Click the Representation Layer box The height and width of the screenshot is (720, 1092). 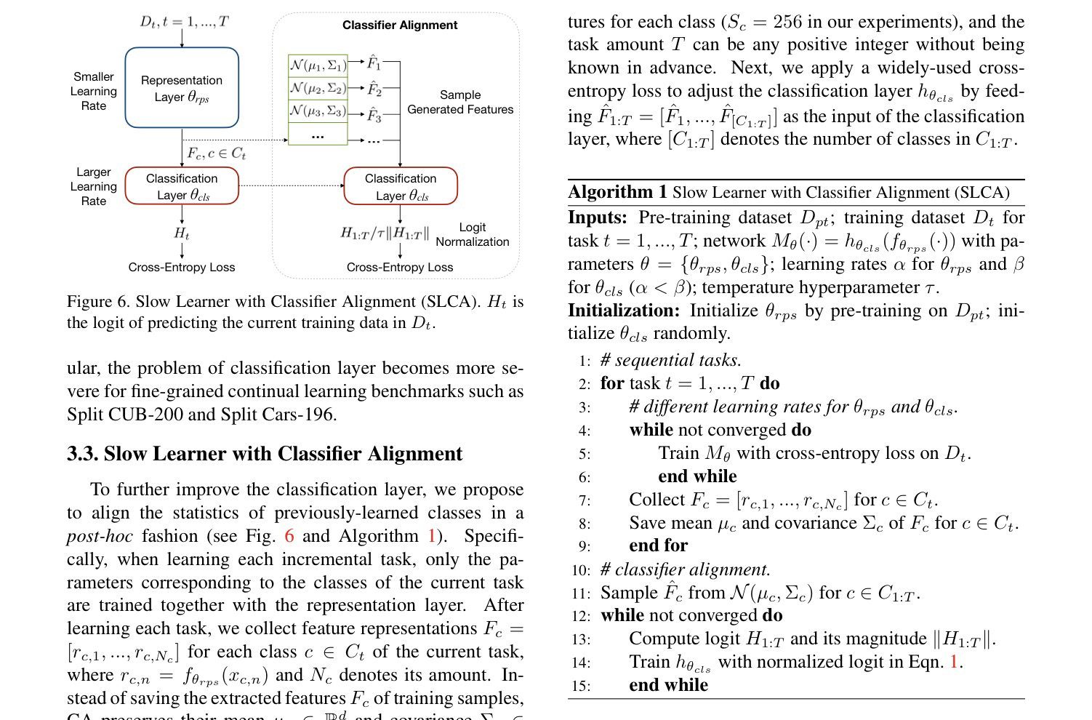click(182, 88)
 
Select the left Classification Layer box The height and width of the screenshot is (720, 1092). click(182, 186)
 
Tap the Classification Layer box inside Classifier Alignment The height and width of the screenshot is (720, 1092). click(401, 186)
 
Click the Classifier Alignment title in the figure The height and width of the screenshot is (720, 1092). click(400, 25)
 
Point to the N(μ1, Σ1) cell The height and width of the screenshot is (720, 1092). click(318, 65)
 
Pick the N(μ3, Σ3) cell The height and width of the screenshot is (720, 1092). click(318, 111)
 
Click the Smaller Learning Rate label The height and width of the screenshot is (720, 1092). click(94, 91)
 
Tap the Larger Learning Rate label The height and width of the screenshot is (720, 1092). click(94, 186)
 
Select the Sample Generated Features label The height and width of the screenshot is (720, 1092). click(460, 102)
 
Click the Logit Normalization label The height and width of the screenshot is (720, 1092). click(473, 234)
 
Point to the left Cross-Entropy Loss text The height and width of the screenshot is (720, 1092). click(182, 267)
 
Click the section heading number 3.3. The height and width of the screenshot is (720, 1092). click(82, 454)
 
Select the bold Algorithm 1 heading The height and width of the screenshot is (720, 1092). click(617, 192)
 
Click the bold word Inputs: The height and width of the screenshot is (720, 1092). click(597, 217)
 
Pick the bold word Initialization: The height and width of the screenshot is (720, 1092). click(624, 311)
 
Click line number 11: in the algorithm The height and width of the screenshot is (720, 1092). click(581, 593)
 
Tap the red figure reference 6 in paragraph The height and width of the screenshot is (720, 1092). click(289, 536)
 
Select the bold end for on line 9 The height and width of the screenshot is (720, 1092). click(658, 545)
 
